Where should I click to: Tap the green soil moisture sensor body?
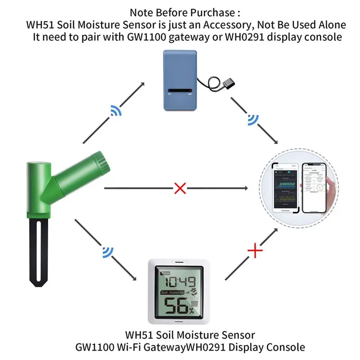click(x=43, y=189)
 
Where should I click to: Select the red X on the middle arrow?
click(x=180, y=188)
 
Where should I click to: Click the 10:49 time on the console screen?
click(x=180, y=283)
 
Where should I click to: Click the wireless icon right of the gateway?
click(x=252, y=120)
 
